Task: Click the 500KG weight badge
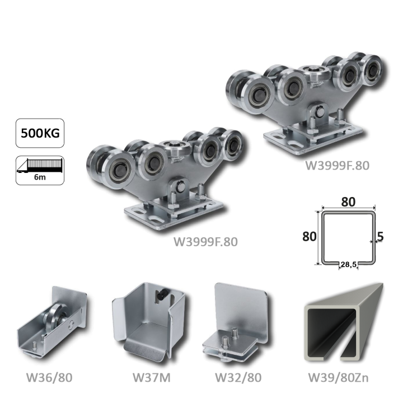tap(40, 133)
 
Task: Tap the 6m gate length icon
tap(40, 170)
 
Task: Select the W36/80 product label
tap(49, 378)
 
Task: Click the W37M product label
tap(152, 378)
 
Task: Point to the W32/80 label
tap(238, 378)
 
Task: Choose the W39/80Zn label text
tap(338, 378)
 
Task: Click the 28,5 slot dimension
tap(349, 264)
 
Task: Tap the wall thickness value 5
tap(381, 236)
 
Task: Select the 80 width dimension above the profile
tap(348, 202)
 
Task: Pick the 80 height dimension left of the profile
tap(310, 236)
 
